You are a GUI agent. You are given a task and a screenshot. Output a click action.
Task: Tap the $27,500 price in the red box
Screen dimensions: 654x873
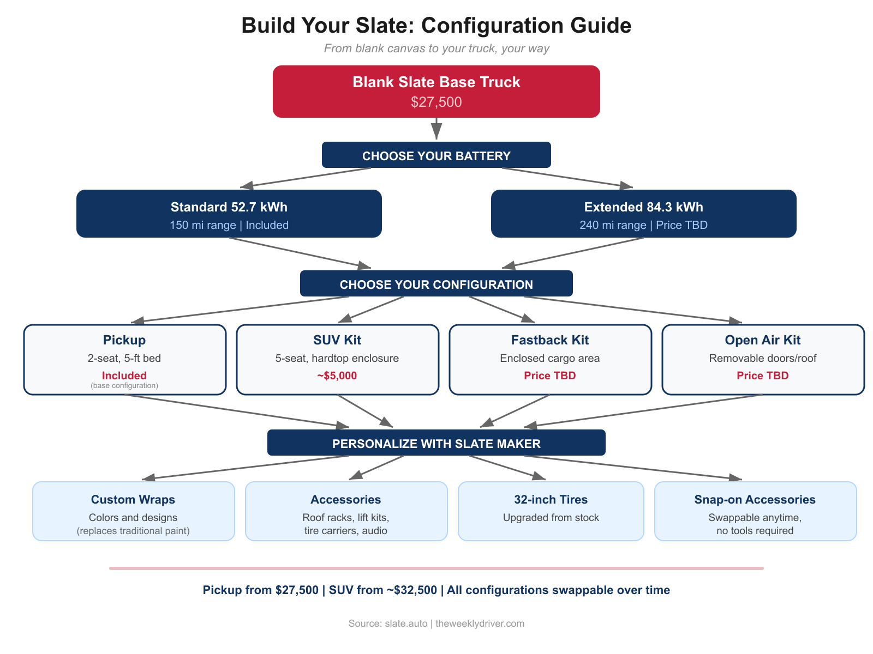click(x=436, y=102)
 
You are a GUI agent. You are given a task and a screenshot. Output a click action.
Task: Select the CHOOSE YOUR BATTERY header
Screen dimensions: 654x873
click(x=436, y=155)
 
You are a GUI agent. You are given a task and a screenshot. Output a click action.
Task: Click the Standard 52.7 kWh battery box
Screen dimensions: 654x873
click(x=229, y=214)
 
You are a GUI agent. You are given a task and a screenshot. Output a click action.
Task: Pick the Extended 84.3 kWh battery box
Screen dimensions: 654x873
click(x=643, y=214)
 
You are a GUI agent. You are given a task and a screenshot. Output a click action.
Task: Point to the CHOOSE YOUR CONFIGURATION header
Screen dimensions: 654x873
click(x=436, y=284)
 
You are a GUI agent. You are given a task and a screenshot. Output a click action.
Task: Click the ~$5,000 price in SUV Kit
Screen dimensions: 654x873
click(x=337, y=376)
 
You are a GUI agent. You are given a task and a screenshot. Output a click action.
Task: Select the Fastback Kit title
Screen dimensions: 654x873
click(x=549, y=340)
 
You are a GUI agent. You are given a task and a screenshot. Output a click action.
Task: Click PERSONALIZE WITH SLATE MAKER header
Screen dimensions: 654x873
click(x=436, y=443)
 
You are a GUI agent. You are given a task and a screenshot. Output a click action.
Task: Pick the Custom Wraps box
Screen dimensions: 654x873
click(x=133, y=511)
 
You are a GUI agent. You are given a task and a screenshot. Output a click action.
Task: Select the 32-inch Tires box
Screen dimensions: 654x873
click(x=551, y=511)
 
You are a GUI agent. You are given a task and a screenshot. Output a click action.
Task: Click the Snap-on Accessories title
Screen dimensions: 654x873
click(x=755, y=500)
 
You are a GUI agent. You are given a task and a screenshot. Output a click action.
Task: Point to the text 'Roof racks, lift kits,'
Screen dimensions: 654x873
click(x=345, y=518)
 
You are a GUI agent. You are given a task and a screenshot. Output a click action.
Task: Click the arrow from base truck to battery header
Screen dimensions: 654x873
click(x=436, y=129)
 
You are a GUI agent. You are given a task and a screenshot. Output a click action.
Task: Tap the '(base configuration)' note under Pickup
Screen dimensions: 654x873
click(x=124, y=386)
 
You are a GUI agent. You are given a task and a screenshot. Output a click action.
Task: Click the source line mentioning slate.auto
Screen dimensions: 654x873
click(x=436, y=623)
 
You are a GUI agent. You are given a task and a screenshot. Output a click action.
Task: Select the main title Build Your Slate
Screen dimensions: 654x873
click(x=436, y=26)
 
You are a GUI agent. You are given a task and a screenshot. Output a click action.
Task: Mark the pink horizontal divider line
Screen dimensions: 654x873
click(x=436, y=568)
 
